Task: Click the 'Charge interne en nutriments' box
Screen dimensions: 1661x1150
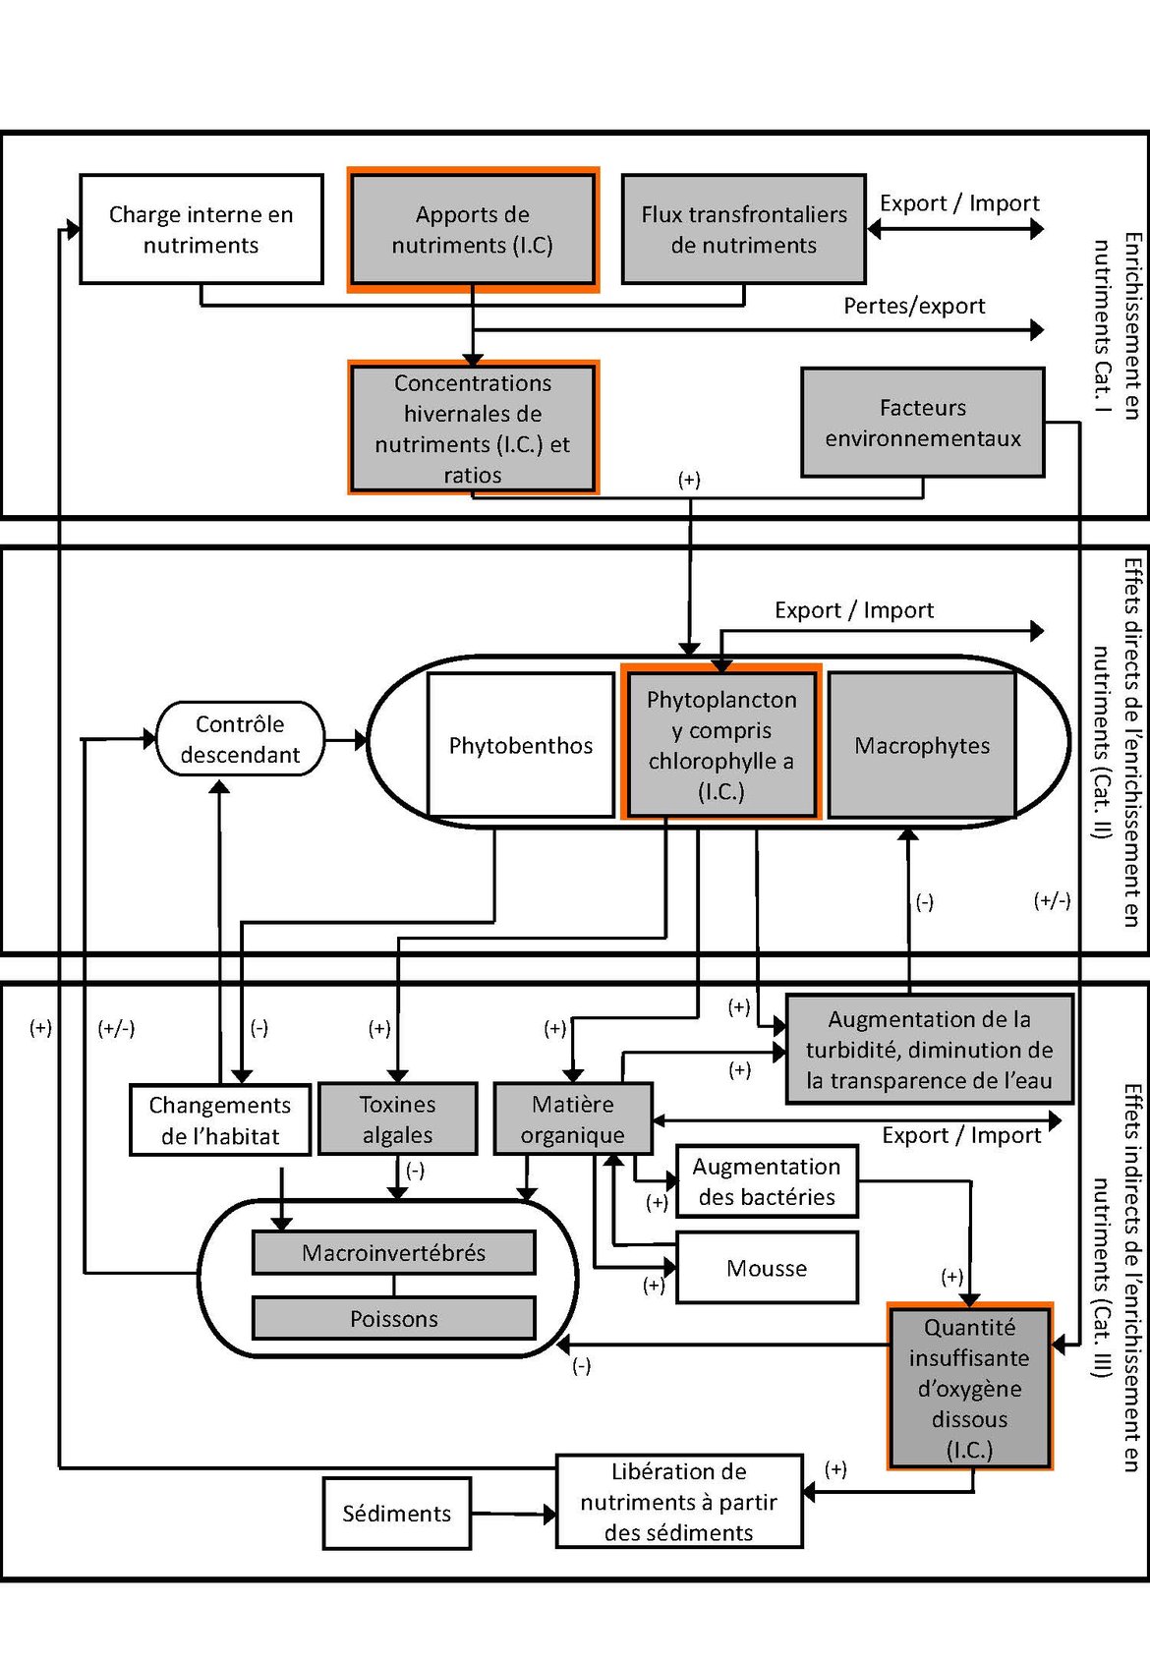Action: point(201,229)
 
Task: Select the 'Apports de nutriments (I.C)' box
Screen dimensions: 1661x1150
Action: point(472,229)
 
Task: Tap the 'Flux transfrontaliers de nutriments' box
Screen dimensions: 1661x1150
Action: point(743,229)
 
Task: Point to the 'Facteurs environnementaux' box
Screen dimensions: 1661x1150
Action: point(922,423)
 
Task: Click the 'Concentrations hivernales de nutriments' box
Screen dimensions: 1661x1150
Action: point(472,428)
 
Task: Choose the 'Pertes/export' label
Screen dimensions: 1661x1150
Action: point(913,306)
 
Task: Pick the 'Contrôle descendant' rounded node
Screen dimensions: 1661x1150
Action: point(240,739)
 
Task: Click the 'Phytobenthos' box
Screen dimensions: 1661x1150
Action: point(520,745)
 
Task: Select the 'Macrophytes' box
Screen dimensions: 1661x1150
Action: point(921,745)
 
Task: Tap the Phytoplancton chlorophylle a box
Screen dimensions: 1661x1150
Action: point(720,744)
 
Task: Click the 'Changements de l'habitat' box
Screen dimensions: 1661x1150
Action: point(219,1119)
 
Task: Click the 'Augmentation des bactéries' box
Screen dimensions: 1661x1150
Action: point(766,1180)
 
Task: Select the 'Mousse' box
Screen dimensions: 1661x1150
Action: point(766,1268)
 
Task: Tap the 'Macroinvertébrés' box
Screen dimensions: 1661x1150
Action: point(393,1252)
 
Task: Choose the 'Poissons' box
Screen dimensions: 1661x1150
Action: point(393,1318)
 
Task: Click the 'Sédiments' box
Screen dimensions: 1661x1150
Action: point(396,1514)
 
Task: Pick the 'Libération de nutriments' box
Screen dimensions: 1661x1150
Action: point(678,1501)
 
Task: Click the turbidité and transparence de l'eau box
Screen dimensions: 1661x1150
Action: point(928,1050)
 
